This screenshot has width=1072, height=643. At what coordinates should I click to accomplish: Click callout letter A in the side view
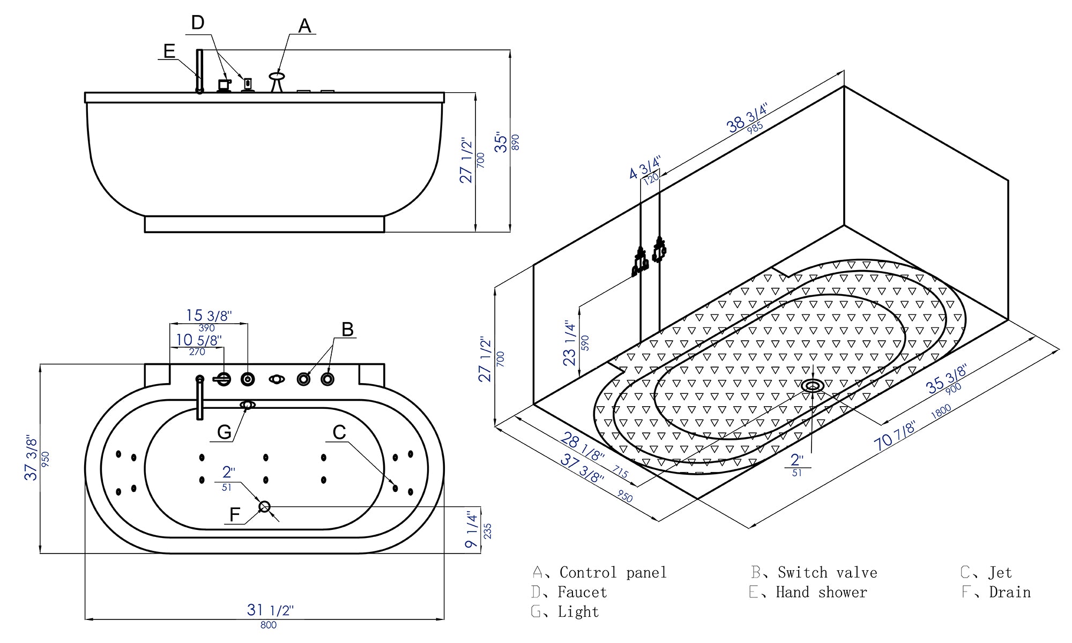tap(304, 26)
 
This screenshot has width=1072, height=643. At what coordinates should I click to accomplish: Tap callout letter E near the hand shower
tap(169, 51)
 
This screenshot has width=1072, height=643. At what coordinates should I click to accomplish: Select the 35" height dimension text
tap(501, 142)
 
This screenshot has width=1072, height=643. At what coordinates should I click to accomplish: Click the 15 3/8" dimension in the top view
tap(209, 316)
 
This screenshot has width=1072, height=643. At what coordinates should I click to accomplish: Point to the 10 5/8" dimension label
tap(198, 340)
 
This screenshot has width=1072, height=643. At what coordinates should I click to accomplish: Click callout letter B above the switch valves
tap(347, 329)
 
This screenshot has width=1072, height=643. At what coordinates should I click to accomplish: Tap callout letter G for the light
tap(224, 432)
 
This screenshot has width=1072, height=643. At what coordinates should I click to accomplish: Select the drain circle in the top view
tap(264, 506)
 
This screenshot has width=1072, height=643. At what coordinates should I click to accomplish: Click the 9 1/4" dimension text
tap(472, 529)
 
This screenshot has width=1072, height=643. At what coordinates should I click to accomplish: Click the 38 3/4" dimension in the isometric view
tap(747, 118)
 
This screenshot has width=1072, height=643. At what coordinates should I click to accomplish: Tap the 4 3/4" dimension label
tap(644, 167)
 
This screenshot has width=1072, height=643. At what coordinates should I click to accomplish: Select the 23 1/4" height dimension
tap(569, 343)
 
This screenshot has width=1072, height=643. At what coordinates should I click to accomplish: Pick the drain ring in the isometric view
tap(813, 385)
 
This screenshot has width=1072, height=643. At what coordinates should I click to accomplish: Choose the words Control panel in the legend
tap(613, 572)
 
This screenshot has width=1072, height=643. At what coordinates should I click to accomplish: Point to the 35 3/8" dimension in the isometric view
tap(946, 378)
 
